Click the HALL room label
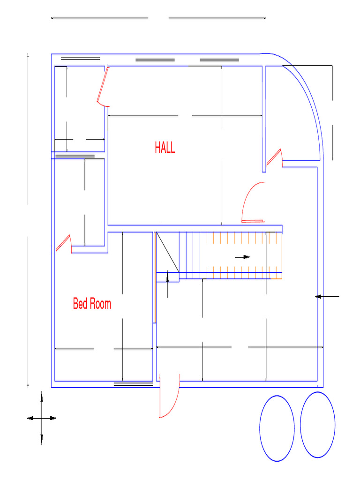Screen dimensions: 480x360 (x=165, y=148)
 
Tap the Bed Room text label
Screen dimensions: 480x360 (x=92, y=304)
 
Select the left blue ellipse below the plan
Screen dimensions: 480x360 (x=277, y=428)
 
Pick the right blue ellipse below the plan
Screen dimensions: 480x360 (x=318, y=425)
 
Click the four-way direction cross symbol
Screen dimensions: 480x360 (x=42, y=418)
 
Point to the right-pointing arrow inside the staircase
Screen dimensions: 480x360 (x=242, y=257)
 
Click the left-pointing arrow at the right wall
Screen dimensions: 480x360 (x=327, y=296)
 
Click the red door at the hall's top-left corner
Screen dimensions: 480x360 (x=103, y=86)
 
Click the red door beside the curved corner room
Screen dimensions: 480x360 (x=275, y=158)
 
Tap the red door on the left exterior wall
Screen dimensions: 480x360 (x=63, y=244)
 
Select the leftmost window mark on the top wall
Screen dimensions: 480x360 (x=81, y=59)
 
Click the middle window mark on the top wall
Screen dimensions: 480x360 (x=155, y=60)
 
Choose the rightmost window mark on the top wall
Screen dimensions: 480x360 (x=219, y=60)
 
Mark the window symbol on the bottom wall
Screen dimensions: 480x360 (x=134, y=384)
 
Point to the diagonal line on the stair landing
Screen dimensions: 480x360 (x=167, y=252)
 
